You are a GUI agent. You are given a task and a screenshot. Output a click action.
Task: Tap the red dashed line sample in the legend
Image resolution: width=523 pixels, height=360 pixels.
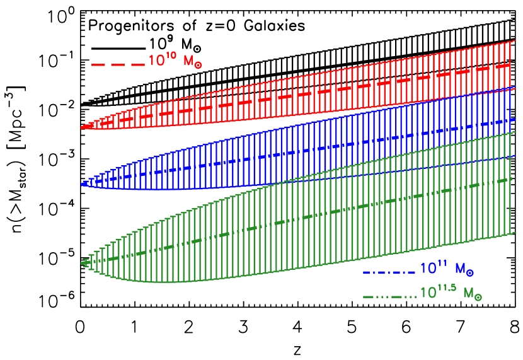(x=118, y=64)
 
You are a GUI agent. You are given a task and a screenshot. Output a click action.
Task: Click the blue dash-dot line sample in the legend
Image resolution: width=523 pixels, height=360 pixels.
(x=389, y=272)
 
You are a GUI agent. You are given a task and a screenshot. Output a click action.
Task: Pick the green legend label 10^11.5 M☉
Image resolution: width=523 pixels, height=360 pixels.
(x=451, y=293)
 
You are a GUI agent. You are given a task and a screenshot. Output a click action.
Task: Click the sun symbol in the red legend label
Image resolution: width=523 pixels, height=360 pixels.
(x=198, y=66)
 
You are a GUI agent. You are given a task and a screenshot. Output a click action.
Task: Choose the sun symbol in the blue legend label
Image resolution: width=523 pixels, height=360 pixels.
(x=470, y=273)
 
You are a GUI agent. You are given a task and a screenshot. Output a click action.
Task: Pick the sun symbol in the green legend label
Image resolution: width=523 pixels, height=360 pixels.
(x=478, y=297)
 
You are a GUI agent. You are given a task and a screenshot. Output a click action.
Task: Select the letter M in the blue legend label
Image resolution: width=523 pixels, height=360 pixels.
(x=459, y=269)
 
